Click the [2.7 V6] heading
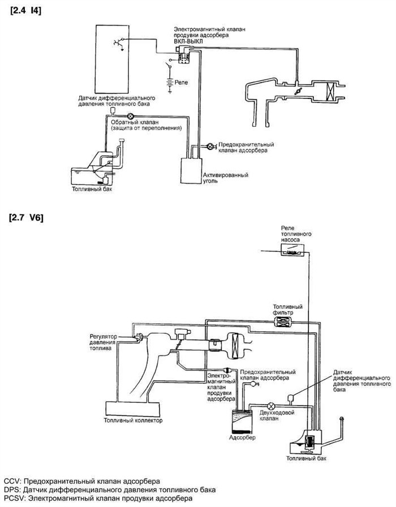pyautogui.click(x=27, y=217)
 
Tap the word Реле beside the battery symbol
pyautogui.click(x=182, y=83)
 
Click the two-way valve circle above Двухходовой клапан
pyautogui.click(x=271, y=405)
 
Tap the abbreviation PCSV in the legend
pyautogui.click(x=13, y=499)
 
